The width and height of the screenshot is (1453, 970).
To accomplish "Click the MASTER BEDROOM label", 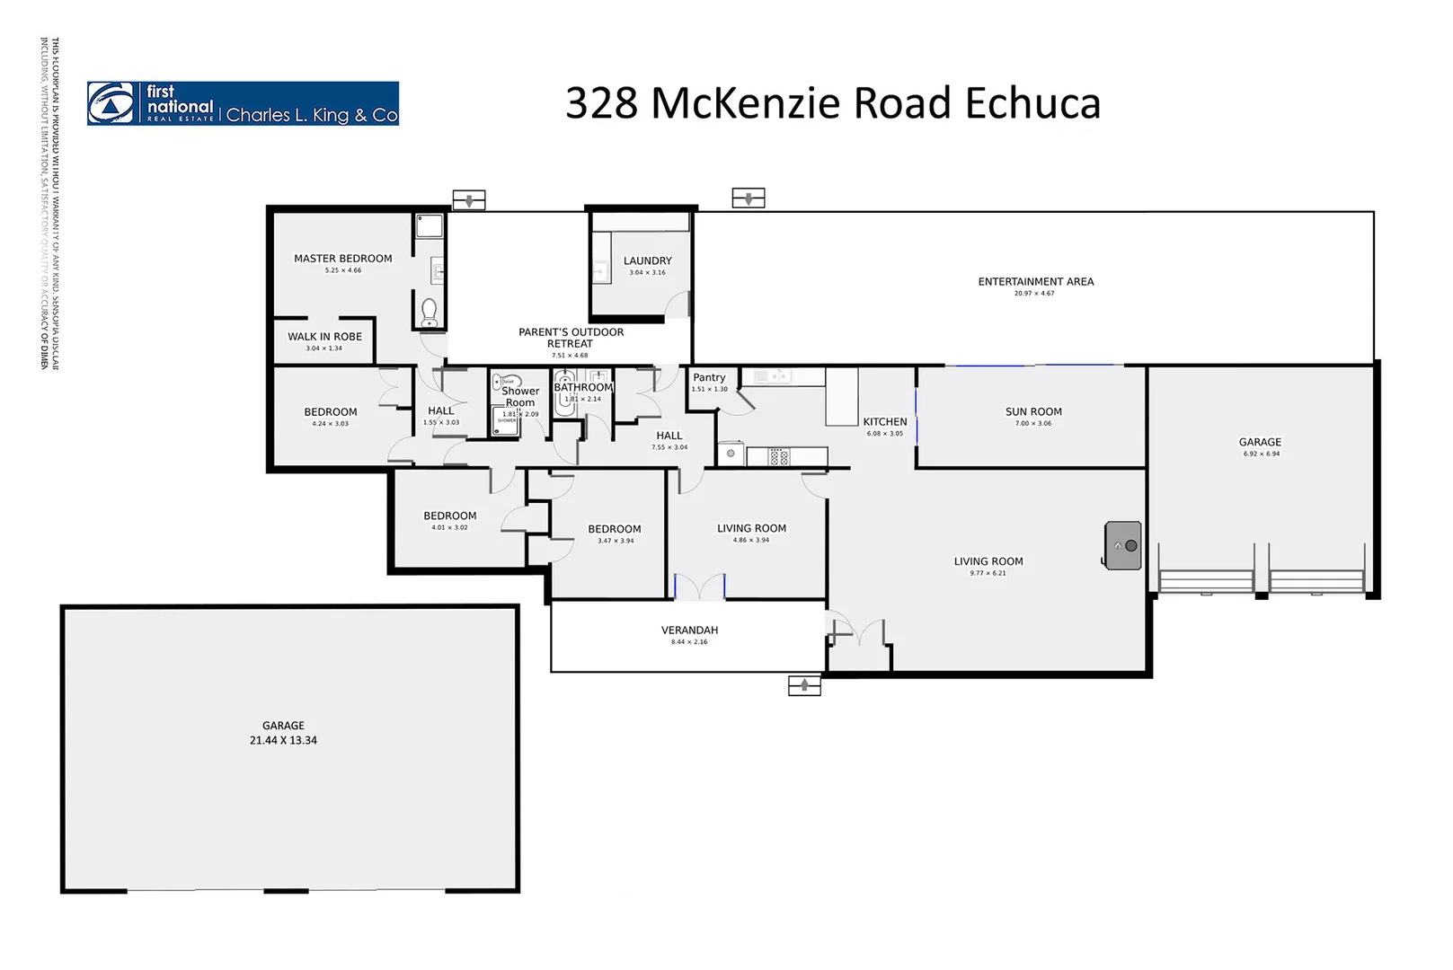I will [x=342, y=259].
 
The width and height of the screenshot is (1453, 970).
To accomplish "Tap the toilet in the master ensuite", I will [x=430, y=313].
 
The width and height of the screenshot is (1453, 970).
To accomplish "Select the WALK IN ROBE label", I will [x=324, y=337].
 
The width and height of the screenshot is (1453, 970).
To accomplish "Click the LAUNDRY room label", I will [x=647, y=261].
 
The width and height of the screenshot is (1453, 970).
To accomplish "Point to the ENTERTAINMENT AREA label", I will [x=1035, y=282].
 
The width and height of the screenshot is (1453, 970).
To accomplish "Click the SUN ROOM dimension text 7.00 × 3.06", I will [x=1033, y=424].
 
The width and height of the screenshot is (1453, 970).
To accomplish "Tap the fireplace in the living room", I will [x=1122, y=545].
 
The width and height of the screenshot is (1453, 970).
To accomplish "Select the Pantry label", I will [x=708, y=378].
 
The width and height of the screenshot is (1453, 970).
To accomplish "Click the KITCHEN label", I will [x=884, y=422].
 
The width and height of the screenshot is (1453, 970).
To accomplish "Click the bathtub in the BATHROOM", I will [x=564, y=394].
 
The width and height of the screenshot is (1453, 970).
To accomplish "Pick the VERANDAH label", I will [x=689, y=630].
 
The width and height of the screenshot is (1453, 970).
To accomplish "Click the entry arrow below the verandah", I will [x=804, y=686].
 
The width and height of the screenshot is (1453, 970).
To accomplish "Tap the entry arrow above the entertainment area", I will [x=748, y=198].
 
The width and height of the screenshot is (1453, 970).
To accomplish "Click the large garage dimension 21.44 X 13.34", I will [x=283, y=741].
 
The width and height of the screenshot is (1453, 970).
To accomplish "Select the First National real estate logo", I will [x=243, y=103].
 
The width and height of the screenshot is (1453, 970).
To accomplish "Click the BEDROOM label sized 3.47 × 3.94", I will [x=615, y=530].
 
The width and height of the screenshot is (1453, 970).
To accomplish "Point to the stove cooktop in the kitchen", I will [x=779, y=457].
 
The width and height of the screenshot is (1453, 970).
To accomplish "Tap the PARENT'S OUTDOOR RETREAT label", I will [x=571, y=338].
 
